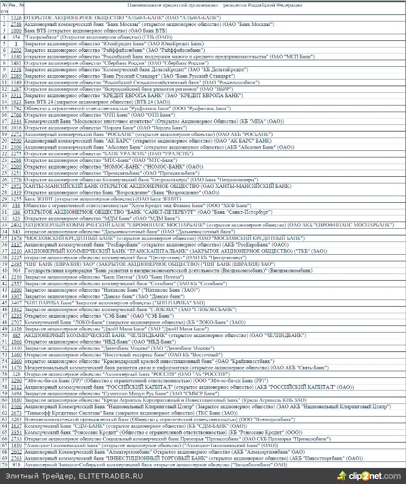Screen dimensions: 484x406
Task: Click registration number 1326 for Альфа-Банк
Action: click(16, 18)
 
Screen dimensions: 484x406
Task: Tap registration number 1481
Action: click(16, 64)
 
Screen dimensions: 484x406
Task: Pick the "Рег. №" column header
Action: click(17, 6)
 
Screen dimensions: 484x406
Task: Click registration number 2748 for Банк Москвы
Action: click(16, 24)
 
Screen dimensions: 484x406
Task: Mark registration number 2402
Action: click(16, 225)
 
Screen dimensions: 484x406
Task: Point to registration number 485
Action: click(16, 335)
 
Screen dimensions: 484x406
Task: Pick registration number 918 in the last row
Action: click(16, 465)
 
